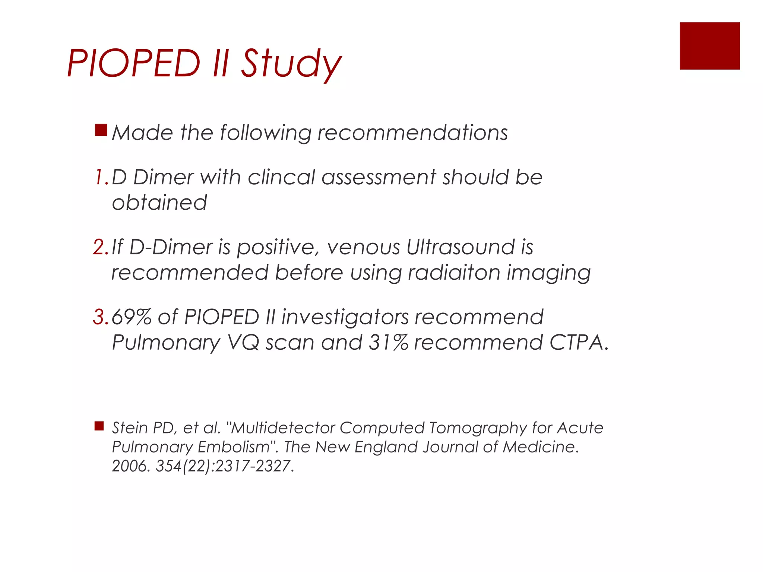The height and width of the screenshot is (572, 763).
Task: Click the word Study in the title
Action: (291, 64)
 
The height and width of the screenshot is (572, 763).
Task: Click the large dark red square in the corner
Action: (709, 46)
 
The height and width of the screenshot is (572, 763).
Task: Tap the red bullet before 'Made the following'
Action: (101, 130)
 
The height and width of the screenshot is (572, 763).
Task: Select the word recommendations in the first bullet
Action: (412, 133)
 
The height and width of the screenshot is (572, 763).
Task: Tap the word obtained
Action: (159, 203)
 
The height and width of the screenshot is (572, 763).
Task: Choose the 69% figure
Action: (131, 317)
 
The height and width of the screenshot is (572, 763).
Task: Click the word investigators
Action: (345, 318)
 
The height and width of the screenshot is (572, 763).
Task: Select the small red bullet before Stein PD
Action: (99, 426)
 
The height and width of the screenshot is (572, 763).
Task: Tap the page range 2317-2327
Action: (252, 466)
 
